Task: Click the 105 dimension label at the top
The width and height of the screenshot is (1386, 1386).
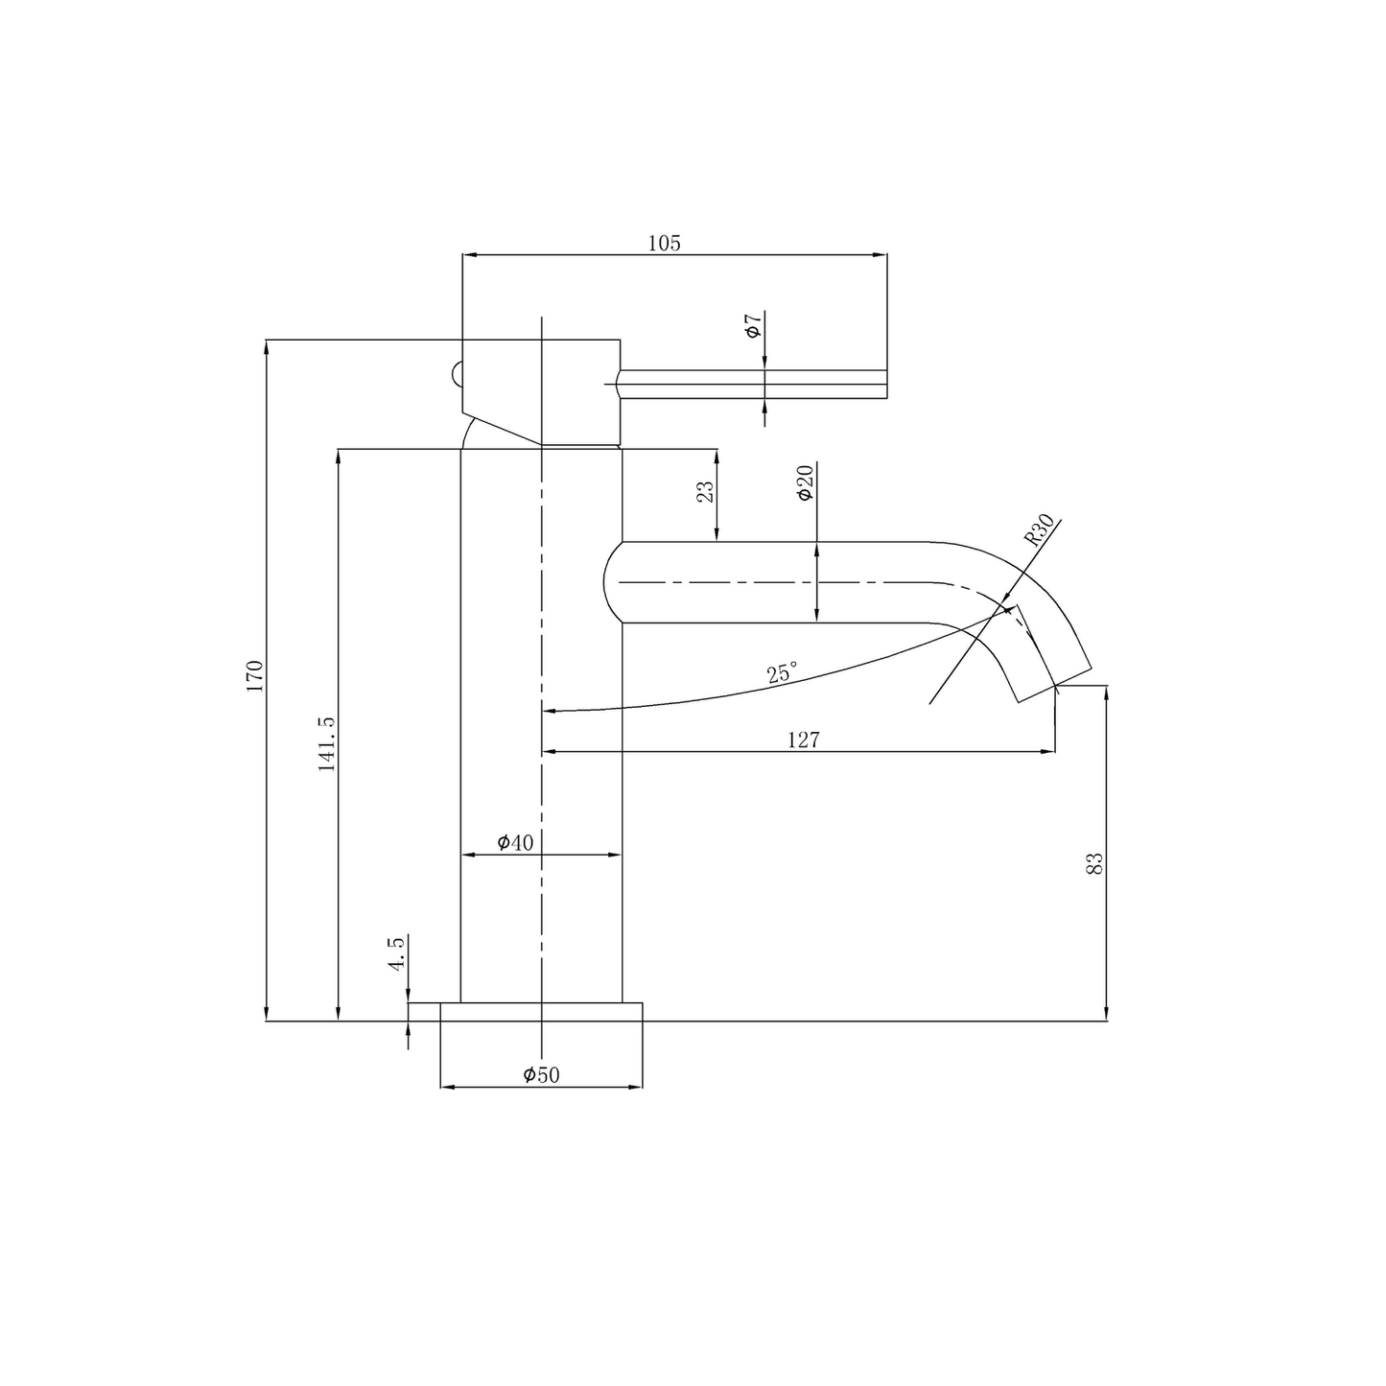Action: pyautogui.click(x=664, y=243)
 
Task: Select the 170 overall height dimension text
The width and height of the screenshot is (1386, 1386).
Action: pyautogui.click(x=254, y=676)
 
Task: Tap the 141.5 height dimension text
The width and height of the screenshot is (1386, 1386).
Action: pyautogui.click(x=327, y=743)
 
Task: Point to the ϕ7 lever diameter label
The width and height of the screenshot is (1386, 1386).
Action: pyautogui.click(x=754, y=325)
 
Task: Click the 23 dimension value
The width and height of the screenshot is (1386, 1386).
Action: pyautogui.click(x=706, y=491)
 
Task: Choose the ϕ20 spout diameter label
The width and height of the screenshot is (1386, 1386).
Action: pyautogui.click(x=805, y=482)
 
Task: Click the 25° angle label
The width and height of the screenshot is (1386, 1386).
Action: pyautogui.click(x=782, y=673)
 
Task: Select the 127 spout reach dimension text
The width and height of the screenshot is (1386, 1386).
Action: pyautogui.click(x=804, y=740)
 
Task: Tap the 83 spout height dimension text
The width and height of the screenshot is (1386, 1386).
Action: pyautogui.click(x=1095, y=862)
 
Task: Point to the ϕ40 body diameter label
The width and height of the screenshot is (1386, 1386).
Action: pyautogui.click(x=515, y=842)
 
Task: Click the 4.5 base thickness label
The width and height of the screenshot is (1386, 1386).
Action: pyautogui.click(x=397, y=954)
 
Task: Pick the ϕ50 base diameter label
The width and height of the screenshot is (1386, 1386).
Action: pyautogui.click(x=541, y=1075)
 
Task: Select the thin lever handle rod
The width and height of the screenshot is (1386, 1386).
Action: pyautogui.click(x=753, y=384)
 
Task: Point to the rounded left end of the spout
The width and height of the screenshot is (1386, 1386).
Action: pyautogui.click(x=611, y=582)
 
